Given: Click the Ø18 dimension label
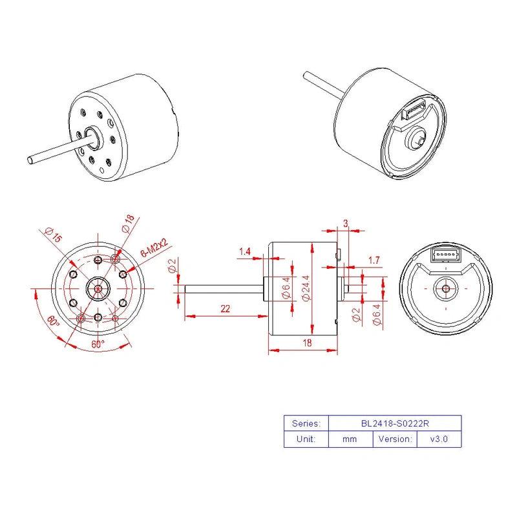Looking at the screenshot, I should click(128, 224).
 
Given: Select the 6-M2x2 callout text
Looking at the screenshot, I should click(154, 248).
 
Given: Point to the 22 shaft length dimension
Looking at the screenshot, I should click(225, 309).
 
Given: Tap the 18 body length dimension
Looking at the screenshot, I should click(307, 344).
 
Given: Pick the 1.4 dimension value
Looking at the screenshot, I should click(245, 251).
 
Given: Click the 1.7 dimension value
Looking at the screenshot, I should click(374, 260).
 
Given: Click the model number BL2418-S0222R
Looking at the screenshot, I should click(396, 424).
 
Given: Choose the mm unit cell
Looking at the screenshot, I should click(351, 439).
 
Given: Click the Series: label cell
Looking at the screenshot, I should click(306, 424).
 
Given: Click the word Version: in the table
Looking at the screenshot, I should click(396, 439).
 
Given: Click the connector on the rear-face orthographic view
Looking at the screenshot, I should click(446, 255).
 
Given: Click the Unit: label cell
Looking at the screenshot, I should click(306, 439).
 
